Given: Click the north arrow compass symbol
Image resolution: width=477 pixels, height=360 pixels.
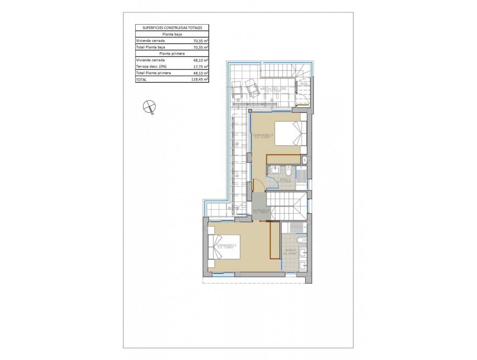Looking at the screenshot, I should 149,107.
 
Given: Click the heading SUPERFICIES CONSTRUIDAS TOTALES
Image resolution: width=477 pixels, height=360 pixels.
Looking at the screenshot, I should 172,28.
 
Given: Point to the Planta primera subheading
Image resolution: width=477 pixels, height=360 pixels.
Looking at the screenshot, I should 172,54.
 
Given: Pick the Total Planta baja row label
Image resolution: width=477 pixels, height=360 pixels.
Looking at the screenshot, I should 150,47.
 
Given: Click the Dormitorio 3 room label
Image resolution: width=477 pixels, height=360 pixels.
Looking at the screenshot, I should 263,136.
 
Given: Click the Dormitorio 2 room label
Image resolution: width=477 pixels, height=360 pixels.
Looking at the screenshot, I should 227,246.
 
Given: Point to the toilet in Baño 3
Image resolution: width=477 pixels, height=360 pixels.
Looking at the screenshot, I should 289,172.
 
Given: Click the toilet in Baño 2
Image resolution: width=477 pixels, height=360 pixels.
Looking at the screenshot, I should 300,240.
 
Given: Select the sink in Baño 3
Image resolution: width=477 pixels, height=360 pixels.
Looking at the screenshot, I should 274,170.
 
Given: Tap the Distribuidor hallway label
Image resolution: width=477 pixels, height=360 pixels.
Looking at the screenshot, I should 261,211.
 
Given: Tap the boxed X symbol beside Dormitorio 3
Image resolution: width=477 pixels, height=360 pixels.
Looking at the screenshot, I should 305,160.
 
